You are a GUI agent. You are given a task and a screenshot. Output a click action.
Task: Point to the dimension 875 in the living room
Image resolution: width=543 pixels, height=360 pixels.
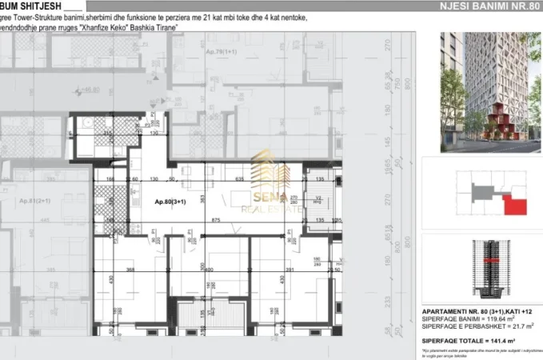(x=216, y=220)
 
